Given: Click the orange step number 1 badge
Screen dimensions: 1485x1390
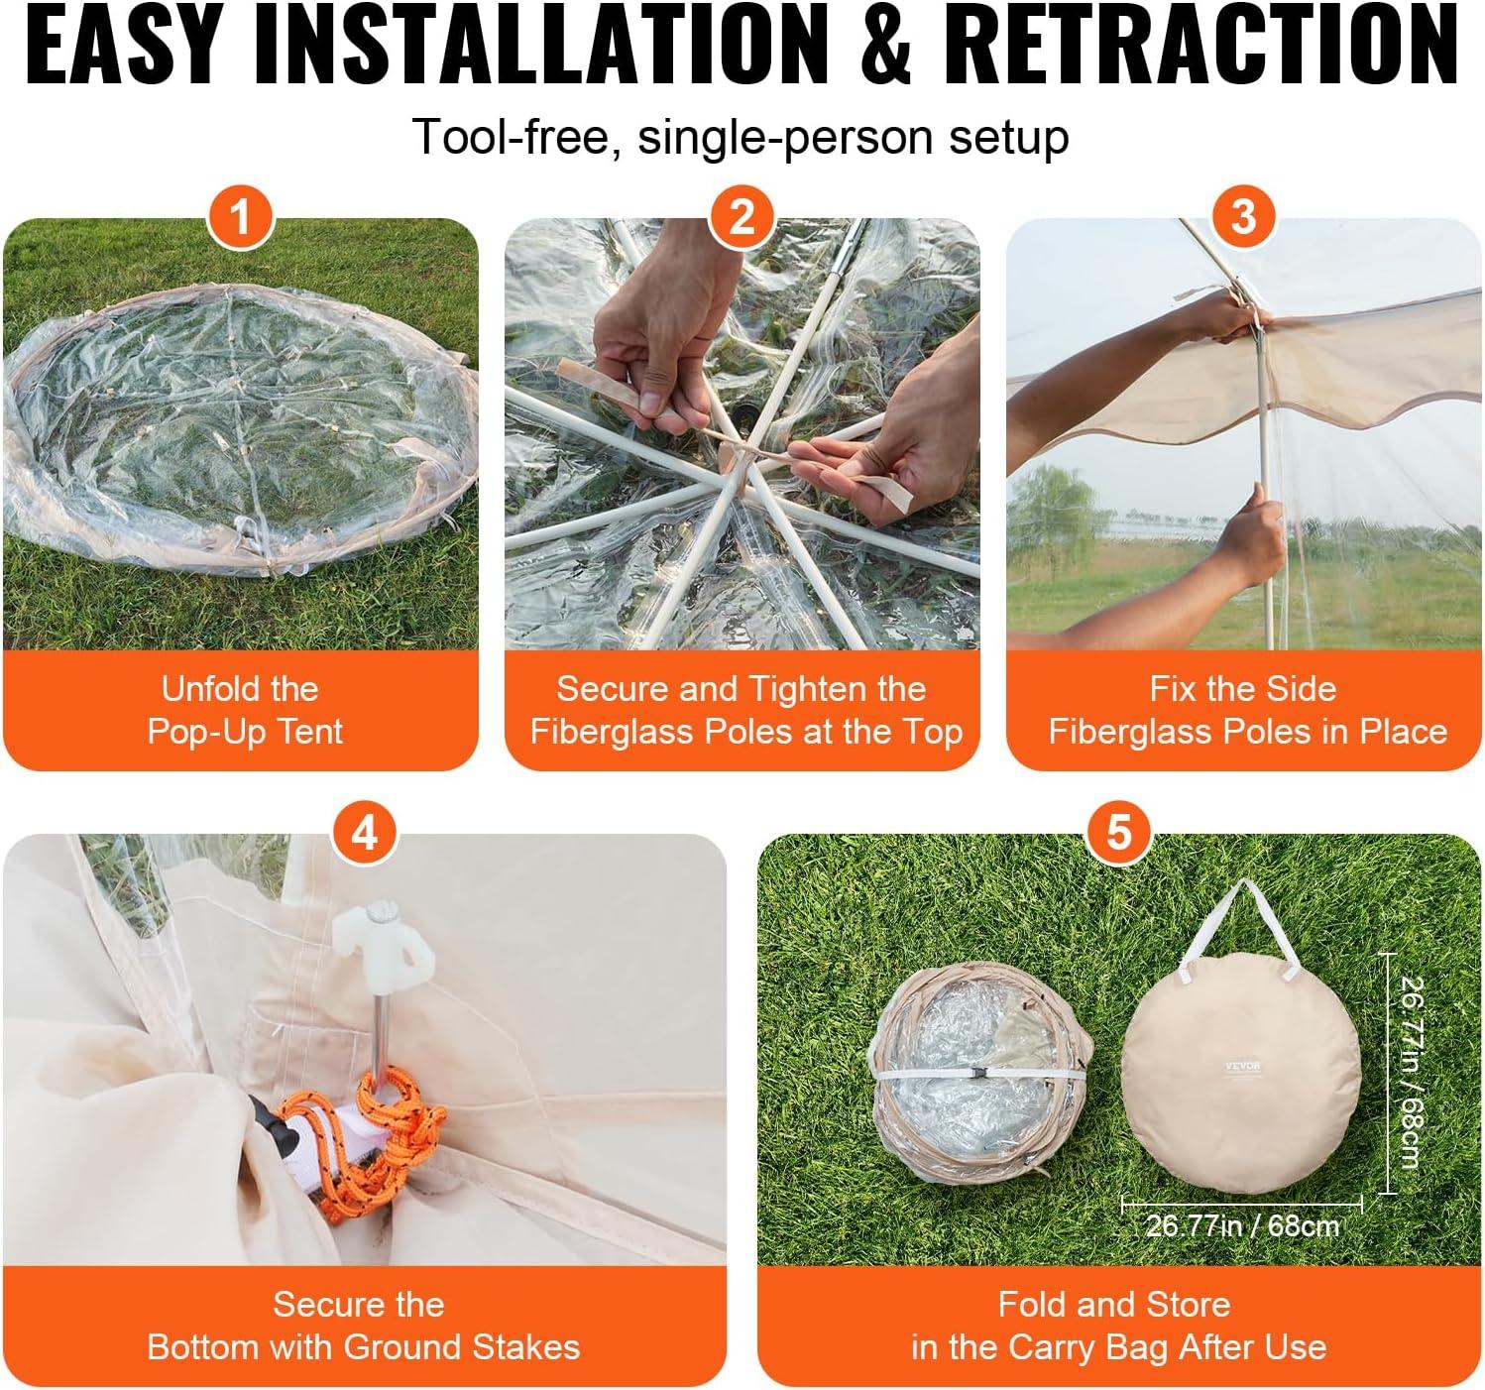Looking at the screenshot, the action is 240,217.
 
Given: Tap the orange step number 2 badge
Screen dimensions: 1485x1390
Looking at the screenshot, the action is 742,217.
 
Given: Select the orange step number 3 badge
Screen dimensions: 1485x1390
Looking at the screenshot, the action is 1243,217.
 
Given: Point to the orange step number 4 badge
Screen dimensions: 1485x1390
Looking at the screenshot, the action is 365,832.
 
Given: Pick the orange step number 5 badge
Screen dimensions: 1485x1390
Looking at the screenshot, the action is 1119,832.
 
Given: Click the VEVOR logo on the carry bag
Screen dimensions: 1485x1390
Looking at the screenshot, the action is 1242,1066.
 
